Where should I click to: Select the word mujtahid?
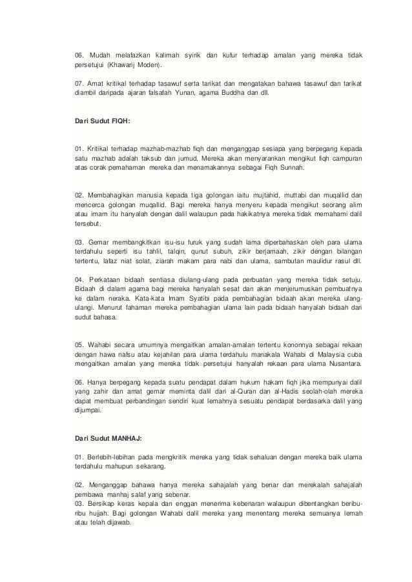(x=265, y=195)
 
